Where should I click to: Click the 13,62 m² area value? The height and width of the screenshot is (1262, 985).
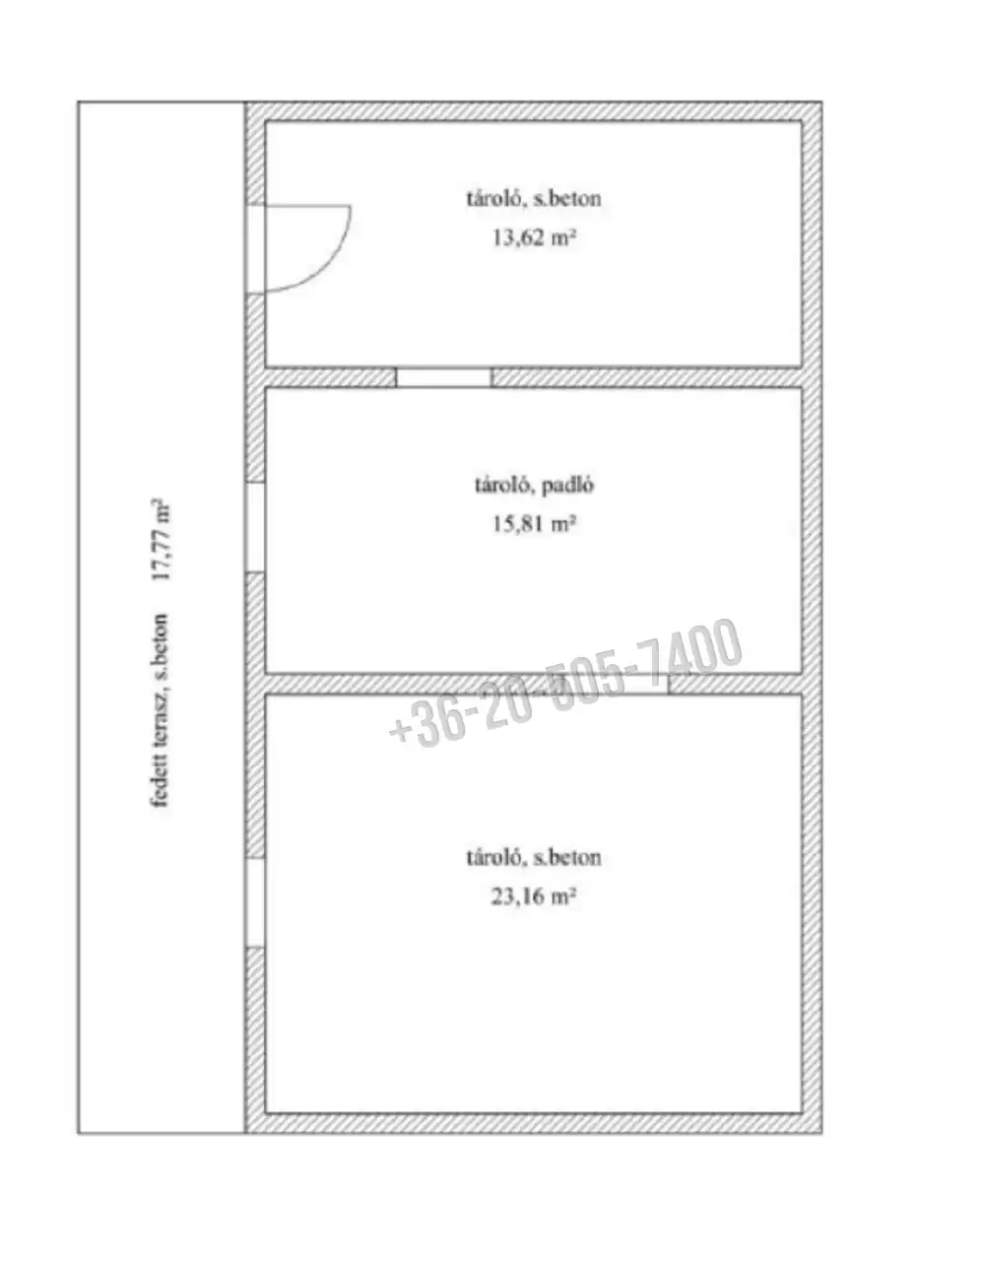(534, 237)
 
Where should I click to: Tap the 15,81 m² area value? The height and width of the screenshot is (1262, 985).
(534, 524)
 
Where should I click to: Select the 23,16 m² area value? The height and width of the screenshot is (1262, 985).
(534, 897)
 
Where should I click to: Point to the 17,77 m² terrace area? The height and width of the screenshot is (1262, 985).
(161, 540)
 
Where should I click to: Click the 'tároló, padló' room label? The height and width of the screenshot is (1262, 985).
(534, 485)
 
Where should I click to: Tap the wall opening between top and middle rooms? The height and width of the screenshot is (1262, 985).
(443, 377)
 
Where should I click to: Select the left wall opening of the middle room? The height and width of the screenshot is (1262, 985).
(255, 527)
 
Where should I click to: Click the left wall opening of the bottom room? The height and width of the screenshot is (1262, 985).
(255, 902)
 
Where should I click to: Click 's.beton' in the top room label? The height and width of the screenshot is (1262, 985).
(566, 199)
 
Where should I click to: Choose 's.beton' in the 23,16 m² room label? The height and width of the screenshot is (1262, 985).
(566, 858)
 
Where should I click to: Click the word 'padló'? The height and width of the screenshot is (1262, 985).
(568, 485)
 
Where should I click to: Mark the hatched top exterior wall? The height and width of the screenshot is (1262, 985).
(534, 111)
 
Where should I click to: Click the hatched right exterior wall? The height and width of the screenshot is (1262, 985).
(812, 618)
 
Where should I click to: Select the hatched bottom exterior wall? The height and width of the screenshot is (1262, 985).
(534, 1124)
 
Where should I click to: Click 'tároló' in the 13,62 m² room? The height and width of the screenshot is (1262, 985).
(496, 199)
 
